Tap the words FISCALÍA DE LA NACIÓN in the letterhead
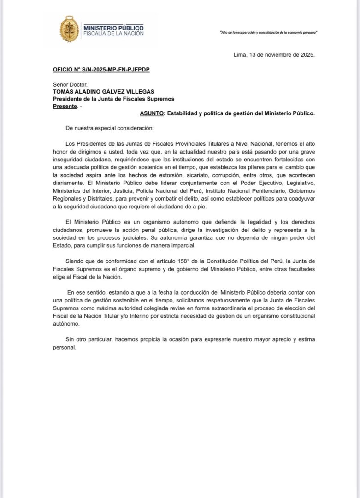pyautogui.click(x=113, y=34)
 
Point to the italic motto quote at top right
pyautogui.click(x=270, y=33)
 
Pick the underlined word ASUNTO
pyautogui.click(x=152, y=113)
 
